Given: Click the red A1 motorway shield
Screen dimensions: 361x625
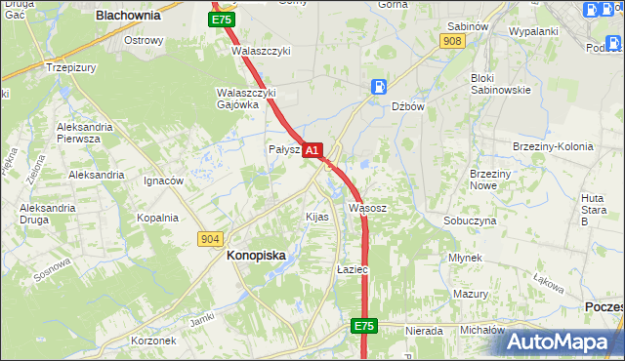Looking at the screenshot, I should click(x=312, y=150).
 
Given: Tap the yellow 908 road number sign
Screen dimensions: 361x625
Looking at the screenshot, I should click(x=451, y=41).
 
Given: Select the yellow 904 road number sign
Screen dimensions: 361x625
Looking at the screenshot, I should click(x=210, y=238).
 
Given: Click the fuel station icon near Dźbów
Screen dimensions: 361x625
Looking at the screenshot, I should click(x=377, y=87).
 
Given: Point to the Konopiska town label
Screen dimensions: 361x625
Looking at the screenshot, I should click(x=256, y=256).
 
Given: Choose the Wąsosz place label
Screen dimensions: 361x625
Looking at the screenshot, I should click(x=368, y=208).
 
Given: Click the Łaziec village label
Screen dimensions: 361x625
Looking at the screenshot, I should click(x=351, y=269).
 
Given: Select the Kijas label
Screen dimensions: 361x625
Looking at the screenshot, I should click(x=317, y=217).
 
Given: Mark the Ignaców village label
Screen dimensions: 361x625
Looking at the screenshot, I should click(x=164, y=180).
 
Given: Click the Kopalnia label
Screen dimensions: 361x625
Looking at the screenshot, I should click(x=157, y=218).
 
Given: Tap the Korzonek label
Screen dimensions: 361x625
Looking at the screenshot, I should click(x=153, y=341).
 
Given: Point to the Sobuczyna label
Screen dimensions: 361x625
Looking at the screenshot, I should click(x=470, y=221).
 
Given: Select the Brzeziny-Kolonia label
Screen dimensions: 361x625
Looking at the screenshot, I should click(x=553, y=146).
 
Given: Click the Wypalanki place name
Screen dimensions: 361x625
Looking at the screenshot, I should click(x=533, y=31).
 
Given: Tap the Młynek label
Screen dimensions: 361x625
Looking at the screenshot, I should click(x=466, y=258).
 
